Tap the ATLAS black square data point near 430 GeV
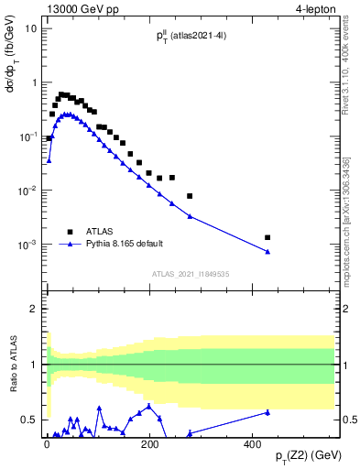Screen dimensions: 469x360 click(x=267, y=237)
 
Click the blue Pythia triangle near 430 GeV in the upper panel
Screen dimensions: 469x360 click(x=267, y=252)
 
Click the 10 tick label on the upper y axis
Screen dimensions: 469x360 click(x=31, y=28)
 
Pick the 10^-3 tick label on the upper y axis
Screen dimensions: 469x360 click(x=28, y=245)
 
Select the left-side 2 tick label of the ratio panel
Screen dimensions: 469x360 click(x=34, y=310)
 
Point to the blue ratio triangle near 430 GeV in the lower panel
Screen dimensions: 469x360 click(x=267, y=412)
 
